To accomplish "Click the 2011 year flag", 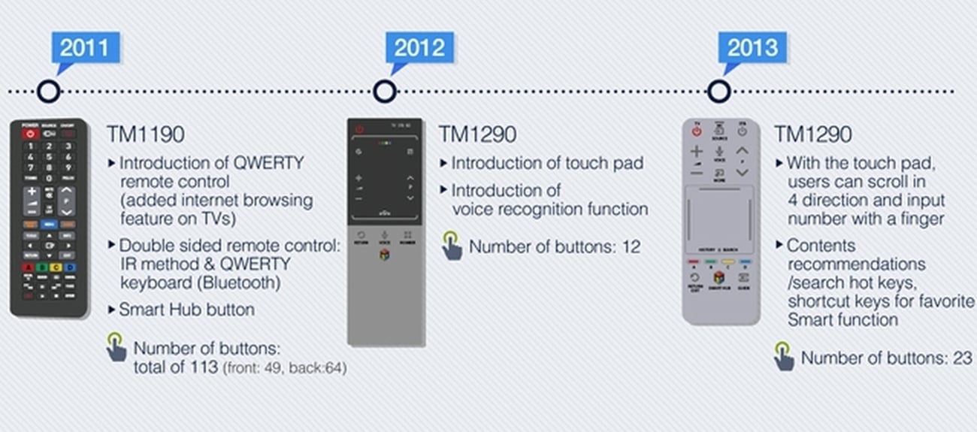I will [84, 47].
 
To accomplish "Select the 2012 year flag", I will [419, 47].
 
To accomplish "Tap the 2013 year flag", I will [752, 47].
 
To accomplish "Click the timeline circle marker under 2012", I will [385, 92].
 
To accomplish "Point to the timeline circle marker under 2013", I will [719, 92].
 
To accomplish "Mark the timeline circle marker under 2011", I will [49, 92].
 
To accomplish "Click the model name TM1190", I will [145, 134].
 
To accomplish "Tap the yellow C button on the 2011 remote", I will [55, 267].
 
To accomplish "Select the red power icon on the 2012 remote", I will [359, 129].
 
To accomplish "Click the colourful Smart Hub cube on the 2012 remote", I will [384, 255].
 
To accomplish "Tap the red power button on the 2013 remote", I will [697, 131].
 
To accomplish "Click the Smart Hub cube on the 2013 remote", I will [718, 277].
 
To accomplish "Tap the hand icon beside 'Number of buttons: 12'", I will [452, 246].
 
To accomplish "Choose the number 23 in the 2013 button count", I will [963, 358].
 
